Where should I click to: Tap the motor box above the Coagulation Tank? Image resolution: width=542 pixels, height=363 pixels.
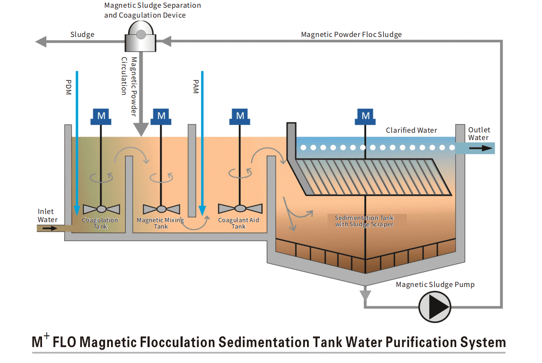point(101,116)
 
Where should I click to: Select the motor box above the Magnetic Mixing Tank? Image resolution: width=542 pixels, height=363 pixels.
point(161,116)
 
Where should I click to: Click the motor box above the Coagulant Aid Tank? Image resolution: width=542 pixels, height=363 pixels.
point(240,116)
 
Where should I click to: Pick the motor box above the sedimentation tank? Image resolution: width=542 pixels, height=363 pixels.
point(365,116)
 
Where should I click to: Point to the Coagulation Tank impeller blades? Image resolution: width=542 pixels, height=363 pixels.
point(101,209)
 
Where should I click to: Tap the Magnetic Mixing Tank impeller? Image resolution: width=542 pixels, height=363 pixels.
point(161,209)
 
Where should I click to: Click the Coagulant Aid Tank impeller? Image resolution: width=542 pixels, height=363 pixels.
point(240,208)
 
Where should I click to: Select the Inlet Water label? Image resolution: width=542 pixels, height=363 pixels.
point(47,216)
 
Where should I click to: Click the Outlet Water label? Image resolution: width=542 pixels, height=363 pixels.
point(479,134)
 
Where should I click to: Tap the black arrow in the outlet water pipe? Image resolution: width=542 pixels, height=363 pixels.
point(480,148)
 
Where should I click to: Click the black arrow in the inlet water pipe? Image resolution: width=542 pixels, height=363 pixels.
point(49,228)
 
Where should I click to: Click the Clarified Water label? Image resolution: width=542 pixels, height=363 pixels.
point(411,130)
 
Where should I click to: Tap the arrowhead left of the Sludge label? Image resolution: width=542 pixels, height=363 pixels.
point(41,42)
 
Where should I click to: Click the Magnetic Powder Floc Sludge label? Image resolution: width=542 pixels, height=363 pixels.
point(351,34)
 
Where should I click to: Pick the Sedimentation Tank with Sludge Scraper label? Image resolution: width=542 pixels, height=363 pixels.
point(364,221)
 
